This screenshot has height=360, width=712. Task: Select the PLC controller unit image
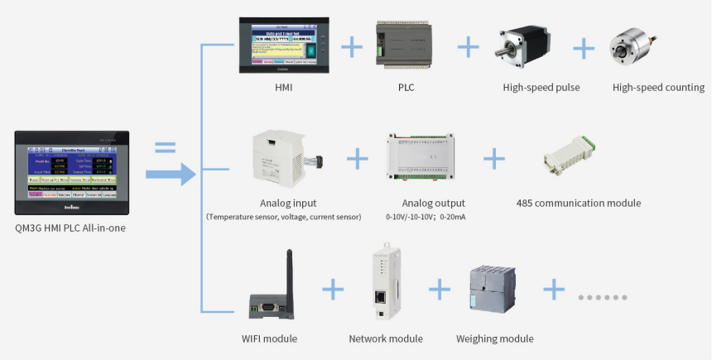click(x=406, y=45)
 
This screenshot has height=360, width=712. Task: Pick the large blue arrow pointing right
click(x=170, y=174)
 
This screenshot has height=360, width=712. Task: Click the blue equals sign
click(x=166, y=148)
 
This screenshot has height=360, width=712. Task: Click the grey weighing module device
click(x=493, y=291)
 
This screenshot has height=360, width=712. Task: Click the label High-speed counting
click(x=658, y=87)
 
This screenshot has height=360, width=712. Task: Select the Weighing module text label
click(x=494, y=338)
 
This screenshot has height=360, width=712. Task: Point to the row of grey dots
click(x=602, y=296)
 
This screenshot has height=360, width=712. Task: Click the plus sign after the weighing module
click(x=554, y=290)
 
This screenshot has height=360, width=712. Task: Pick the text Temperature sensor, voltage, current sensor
click(x=284, y=217)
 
